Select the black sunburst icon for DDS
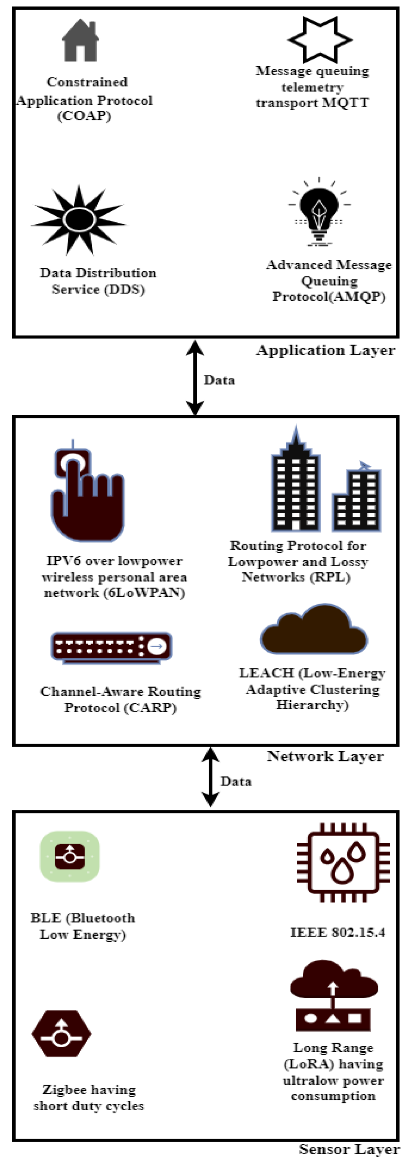coord(79,219)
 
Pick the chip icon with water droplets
coord(343,862)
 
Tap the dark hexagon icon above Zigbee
coord(62,1033)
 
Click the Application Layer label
coord(325,350)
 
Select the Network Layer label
coord(325,756)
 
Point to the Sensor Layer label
coord(349,1149)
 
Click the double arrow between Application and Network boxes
coord(195,377)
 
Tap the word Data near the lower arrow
coord(236,781)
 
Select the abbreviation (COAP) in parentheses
coord(84,116)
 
